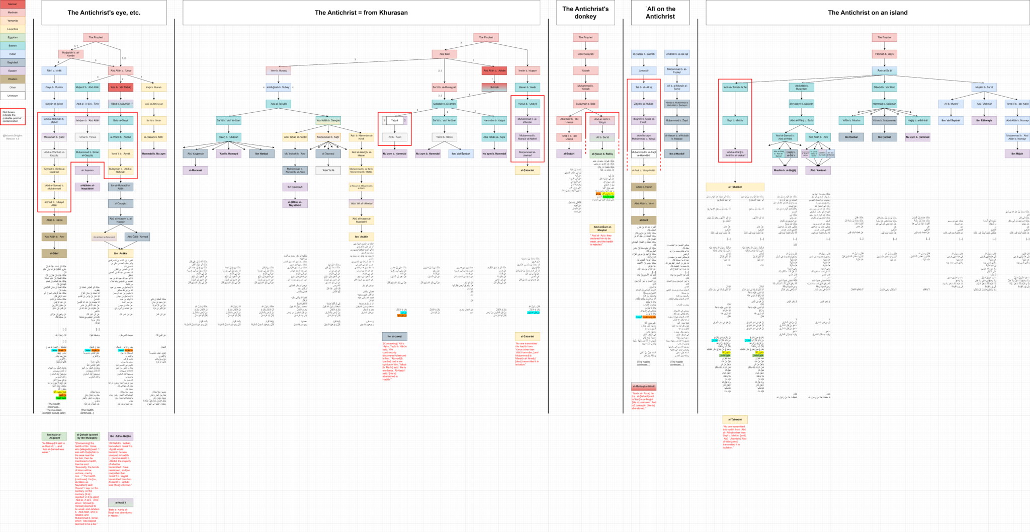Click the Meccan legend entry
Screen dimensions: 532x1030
click(x=13, y=5)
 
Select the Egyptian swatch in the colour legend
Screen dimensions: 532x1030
click(x=13, y=37)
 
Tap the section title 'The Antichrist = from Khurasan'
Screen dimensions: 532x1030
click(x=361, y=13)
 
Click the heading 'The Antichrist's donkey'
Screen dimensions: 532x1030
click(x=585, y=13)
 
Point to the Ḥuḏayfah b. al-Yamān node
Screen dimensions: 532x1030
click(x=70, y=54)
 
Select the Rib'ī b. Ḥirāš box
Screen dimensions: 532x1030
click(x=54, y=70)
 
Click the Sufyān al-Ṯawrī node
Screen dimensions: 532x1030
click(x=54, y=104)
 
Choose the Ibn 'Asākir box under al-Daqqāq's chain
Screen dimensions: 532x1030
click(x=120, y=253)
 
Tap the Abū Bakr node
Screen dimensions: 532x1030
click(x=445, y=54)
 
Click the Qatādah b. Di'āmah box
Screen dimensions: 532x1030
click(x=445, y=104)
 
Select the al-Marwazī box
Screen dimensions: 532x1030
click(x=195, y=170)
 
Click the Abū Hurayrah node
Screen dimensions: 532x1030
click(x=585, y=54)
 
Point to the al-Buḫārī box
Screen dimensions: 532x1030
click(x=569, y=154)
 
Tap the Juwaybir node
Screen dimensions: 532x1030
click(x=644, y=70)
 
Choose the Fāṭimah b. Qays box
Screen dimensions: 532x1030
click(x=884, y=54)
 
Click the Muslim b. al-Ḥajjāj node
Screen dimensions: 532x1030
click(x=785, y=170)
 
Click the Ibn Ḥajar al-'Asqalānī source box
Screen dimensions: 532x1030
click(x=54, y=436)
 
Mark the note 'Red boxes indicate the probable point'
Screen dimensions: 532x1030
click(x=13, y=116)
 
